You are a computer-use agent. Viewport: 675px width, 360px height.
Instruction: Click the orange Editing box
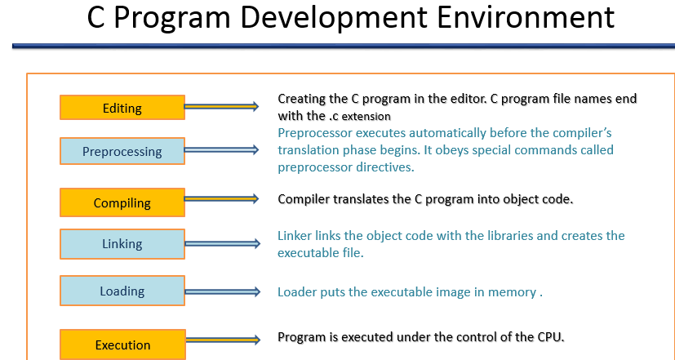[122, 108]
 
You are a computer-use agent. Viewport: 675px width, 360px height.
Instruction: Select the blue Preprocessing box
[122, 151]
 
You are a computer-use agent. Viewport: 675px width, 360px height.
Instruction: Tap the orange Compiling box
[122, 203]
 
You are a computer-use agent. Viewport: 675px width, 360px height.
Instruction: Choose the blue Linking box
[122, 243]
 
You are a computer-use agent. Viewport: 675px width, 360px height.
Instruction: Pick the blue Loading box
[122, 291]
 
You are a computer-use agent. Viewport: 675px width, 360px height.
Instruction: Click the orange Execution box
[122, 344]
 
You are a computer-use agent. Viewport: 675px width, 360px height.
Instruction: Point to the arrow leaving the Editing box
[222, 106]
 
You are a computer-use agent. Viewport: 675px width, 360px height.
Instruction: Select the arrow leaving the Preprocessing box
[222, 149]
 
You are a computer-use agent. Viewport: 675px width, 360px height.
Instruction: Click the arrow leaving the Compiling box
[222, 199]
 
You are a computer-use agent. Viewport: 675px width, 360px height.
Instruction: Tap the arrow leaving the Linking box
[222, 242]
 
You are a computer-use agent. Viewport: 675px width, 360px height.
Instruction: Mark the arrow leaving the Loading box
[222, 291]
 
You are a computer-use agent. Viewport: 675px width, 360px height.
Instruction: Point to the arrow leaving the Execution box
[222, 340]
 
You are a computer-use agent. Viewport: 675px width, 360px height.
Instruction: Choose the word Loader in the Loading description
[296, 291]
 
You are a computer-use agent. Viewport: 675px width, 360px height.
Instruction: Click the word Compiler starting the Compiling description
[304, 198]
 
